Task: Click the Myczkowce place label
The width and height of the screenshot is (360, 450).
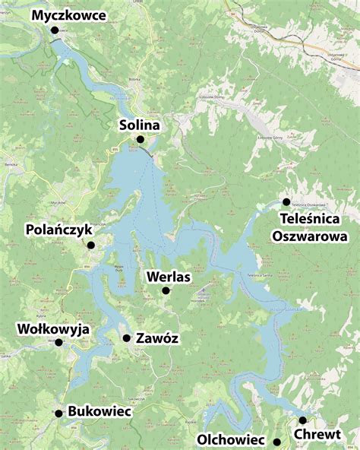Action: pos(69,15)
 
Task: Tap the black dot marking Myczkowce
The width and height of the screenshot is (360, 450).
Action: pos(55,30)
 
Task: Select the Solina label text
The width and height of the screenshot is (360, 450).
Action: pos(140,124)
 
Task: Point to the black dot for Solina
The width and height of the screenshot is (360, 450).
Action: pos(140,139)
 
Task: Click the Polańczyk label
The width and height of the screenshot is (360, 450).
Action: pos(58,229)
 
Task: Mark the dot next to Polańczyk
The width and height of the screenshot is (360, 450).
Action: pos(90,245)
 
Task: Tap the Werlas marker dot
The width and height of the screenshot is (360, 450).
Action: pos(166,290)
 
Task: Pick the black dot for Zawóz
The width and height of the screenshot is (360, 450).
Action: pos(127,338)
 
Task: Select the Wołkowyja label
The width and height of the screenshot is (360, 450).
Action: pos(53,329)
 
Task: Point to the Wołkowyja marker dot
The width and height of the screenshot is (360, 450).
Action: pos(58,343)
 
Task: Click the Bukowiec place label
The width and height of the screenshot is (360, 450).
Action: pos(99,411)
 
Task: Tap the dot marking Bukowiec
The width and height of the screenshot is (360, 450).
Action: pos(58,414)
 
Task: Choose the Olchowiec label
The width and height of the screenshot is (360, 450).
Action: pos(230,439)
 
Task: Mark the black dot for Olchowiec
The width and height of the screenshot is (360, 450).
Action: pos(277,442)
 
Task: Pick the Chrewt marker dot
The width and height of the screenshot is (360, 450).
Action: pos(302,420)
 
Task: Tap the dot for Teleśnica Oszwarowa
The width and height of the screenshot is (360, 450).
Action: pos(286,201)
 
